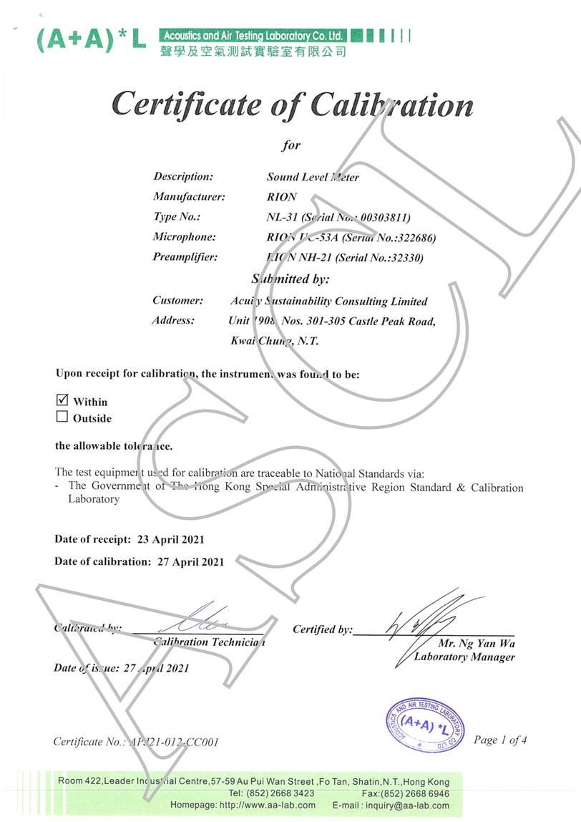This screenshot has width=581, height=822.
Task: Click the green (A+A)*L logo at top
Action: pyautogui.click(x=91, y=40)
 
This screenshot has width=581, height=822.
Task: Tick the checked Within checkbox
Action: pyautogui.click(x=62, y=400)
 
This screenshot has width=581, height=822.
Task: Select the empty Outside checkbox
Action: pyautogui.click(x=62, y=417)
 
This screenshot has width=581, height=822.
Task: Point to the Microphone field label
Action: pyautogui.click(x=184, y=237)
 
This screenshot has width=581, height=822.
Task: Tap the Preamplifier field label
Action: pyautogui.click(x=185, y=257)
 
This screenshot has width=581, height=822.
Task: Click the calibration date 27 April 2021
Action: pyautogui.click(x=190, y=562)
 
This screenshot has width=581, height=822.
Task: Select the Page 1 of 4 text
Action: pyautogui.click(x=500, y=740)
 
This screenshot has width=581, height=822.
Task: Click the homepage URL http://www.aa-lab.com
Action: pyautogui.click(x=269, y=805)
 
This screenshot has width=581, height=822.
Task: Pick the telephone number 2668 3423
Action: pyautogui.click(x=294, y=793)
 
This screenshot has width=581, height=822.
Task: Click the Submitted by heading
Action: pyautogui.click(x=290, y=279)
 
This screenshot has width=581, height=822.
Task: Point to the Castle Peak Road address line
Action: pyautogui.click(x=332, y=321)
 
